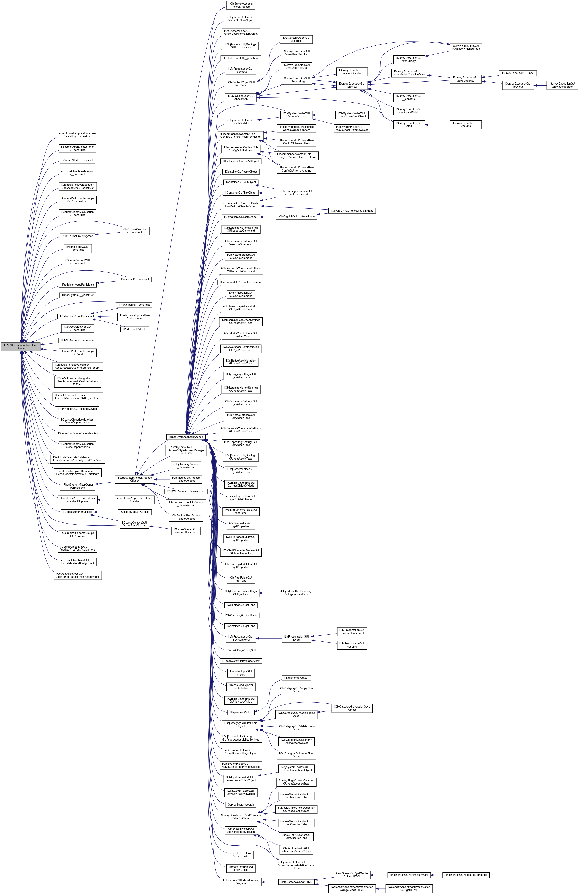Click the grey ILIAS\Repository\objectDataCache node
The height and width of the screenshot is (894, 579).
coord(21,346)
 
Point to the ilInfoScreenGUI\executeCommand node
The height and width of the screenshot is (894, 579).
coord(466,875)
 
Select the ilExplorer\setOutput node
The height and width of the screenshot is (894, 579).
coord(296,678)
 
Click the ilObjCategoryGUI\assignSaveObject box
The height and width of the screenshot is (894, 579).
coord(352,708)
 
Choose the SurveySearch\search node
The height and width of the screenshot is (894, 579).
coord(241,804)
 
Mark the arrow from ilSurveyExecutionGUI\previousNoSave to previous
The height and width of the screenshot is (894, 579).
coord(540,85)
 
